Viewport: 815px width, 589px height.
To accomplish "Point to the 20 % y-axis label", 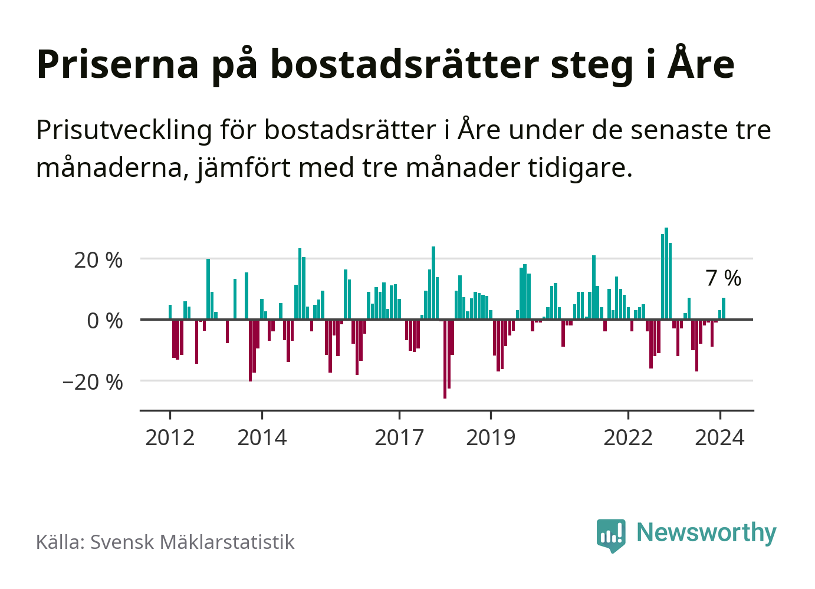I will (x=98, y=259).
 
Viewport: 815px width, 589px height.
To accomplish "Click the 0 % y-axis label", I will (x=104, y=321).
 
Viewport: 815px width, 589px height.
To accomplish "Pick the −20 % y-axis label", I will (x=93, y=382).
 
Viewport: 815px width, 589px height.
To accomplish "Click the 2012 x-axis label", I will (x=170, y=437).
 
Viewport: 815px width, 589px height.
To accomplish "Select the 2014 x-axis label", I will (x=262, y=437).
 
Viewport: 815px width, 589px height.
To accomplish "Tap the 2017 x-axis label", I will (x=399, y=437).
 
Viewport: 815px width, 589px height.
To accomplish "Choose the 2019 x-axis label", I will (x=491, y=437).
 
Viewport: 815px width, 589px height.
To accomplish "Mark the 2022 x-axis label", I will (x=628, y=437).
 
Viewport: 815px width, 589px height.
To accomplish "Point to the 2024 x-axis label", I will (x=719, y=437).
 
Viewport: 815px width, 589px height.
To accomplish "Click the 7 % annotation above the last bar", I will (x=724, y=278).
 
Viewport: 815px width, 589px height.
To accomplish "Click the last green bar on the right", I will (x=724, y=308).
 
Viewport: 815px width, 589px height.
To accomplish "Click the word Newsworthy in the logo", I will (x=706, y=532).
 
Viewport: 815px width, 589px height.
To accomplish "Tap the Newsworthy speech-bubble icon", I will (x=611, y=535).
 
